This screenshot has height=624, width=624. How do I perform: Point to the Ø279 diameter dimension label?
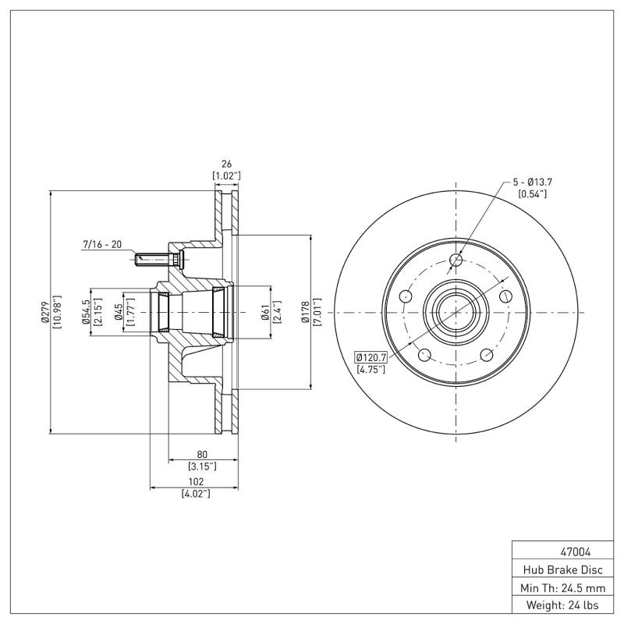tap(44, 310)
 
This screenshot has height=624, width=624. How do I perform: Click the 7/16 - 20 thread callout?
tap(102, 244)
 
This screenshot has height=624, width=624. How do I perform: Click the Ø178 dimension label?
tap(307, 310)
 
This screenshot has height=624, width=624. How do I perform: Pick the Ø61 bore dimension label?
tap(265, 311)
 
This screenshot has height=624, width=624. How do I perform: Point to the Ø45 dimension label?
tap(119, 311)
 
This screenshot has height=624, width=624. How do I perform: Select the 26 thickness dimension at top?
tap(226, 165)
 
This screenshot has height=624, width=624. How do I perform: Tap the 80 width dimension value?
tap(202, 454)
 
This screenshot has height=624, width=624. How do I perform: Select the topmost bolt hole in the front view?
tap(457, 260)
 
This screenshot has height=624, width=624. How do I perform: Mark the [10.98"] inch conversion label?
tap(57, 310)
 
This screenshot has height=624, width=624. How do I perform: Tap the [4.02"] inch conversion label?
tap(195, 494)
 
